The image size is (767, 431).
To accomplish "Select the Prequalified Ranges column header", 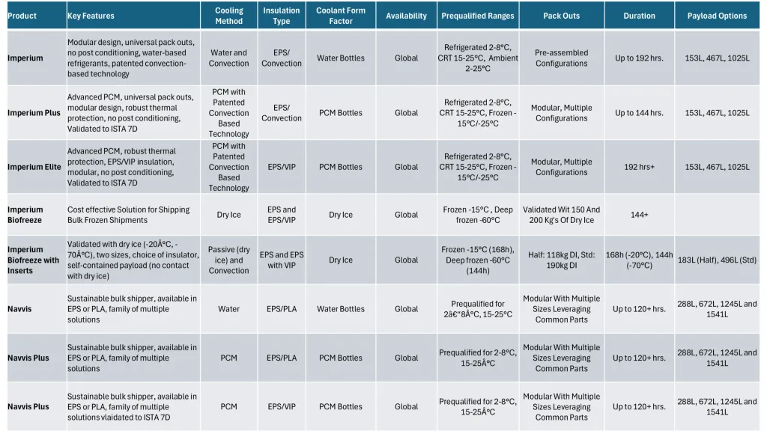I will pyautogui.click(x=478, y=16).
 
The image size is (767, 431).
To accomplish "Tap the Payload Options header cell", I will pyautogui.click(x=717, y=16).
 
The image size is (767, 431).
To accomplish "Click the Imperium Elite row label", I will pyautogui.click(x=34, y=167).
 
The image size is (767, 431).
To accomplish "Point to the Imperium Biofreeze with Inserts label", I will pyautogui.click(x=34, y=260).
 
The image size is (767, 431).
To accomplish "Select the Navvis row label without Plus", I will pyautogui.click(x=20, y=308).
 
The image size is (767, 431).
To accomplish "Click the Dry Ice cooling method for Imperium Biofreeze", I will pyautogui.click(x=229, y=215).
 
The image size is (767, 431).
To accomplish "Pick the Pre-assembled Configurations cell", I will pyautogui.click(x=561, y=58).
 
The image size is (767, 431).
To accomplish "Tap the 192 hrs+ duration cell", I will pyautogui.click(x=639, y=167).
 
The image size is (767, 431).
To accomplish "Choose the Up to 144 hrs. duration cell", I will pyautogui.click(x=639, y=113).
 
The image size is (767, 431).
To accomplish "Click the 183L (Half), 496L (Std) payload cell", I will pyautogui.click(x=717, y=260).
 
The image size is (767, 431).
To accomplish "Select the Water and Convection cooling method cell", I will pyautogui.click(x=229, y=58).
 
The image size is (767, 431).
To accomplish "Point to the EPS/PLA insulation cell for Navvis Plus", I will pyautogui.click(x=282, y=358).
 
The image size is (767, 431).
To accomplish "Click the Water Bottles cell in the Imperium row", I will pyautogui.click(x=341, y=58).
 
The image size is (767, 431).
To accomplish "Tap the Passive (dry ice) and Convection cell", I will pyautogui.click(x=229, y=260).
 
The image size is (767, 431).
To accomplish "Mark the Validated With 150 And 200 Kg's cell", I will pyautogui.click(x=561, y=215).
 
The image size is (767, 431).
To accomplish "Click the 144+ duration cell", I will pyautogui.click(x=639, y=215).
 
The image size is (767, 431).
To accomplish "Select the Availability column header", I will pyautogui.click(x=407, y=16).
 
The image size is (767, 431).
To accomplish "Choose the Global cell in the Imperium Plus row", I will pyautogui.click(x=407, y=113).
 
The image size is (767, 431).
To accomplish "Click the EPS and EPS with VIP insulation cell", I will pyautogui.click(x=282, y=260).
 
